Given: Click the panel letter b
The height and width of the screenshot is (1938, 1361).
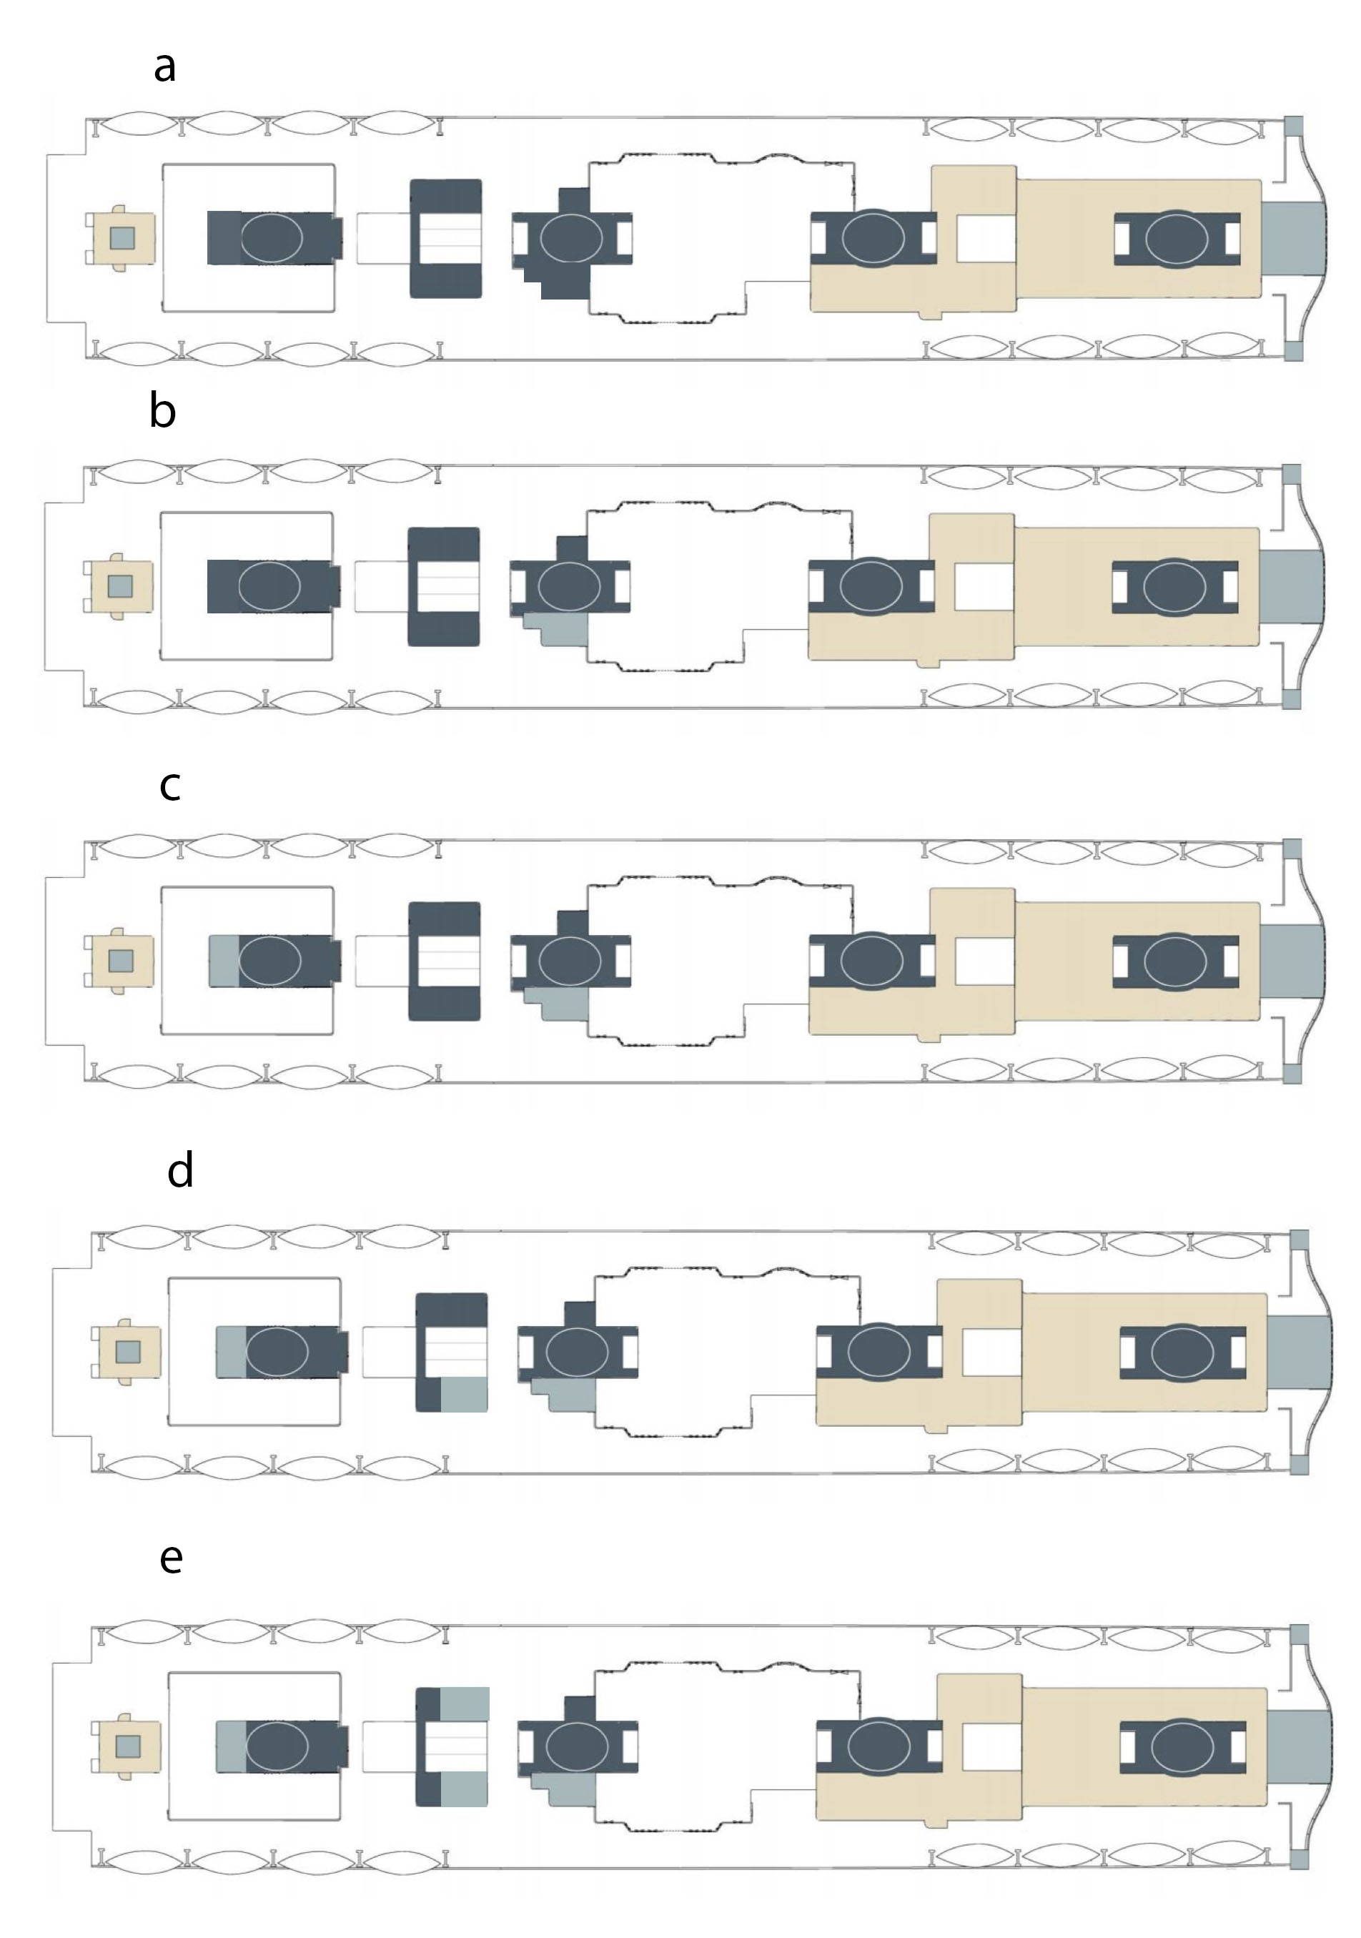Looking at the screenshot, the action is point(162,410).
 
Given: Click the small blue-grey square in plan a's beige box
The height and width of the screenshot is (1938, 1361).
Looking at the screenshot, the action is point(122,238).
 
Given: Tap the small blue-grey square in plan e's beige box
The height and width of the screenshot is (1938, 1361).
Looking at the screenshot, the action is point(127,1746).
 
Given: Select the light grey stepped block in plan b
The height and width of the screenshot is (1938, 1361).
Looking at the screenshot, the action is point(557,630).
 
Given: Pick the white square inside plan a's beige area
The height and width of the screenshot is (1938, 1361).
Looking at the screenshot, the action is point(986,239).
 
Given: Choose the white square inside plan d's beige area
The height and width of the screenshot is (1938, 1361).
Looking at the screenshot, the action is point(991,1353).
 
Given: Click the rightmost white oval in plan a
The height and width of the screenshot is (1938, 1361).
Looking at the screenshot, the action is point(1176,239).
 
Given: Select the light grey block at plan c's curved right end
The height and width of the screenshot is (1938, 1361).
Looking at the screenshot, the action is point(1291,961).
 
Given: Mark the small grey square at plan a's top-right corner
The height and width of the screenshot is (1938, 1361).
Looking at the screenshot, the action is point(1294,126).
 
